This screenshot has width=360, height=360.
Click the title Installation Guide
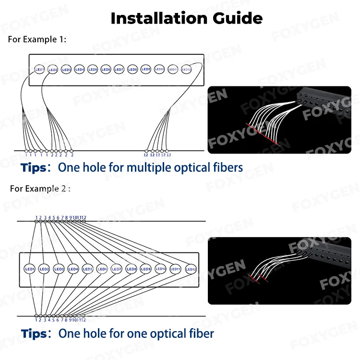coord(186,18)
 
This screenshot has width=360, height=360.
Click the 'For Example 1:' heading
coord(37,39)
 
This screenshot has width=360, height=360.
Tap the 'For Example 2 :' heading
coord(40,189)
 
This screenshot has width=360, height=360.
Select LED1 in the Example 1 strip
coord(40,70)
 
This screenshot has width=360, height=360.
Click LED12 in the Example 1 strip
coord(186,70)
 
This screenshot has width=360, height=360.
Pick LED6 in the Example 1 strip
coord(106,70)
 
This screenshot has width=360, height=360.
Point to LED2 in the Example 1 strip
coord(53,70)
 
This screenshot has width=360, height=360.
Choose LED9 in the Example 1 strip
coord(146,70)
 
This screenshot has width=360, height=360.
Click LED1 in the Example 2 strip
coord(29,269)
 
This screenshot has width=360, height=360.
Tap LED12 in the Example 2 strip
coord(191,269)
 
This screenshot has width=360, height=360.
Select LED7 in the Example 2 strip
coord(116,269)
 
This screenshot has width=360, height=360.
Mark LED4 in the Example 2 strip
coord(73,269)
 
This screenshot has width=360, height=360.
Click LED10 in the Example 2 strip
coord(161,269)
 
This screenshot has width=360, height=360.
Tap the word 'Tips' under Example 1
coord(34,168)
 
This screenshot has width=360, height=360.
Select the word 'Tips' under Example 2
coord(34,334)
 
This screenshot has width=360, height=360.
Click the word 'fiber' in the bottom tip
coord(202,334)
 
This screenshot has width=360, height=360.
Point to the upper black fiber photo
coord(279,120)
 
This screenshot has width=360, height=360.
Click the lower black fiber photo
coord(279,271)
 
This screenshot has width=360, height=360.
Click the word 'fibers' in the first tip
coord(226,168)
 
